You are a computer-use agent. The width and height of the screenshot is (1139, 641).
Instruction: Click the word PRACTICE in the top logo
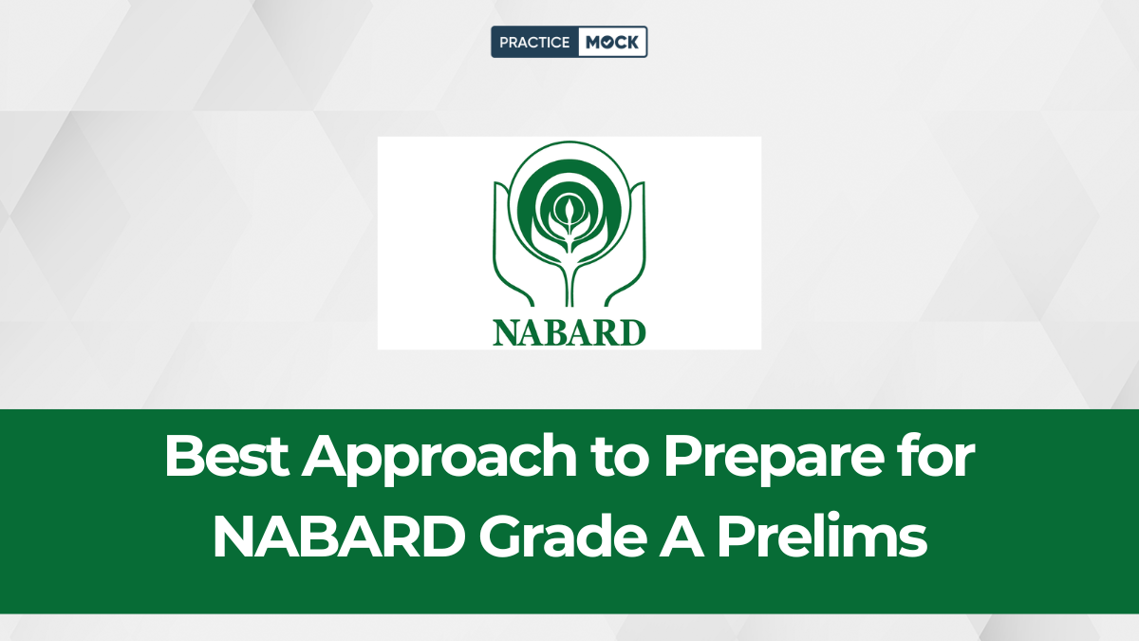533,42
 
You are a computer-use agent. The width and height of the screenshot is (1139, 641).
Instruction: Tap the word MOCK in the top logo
612,42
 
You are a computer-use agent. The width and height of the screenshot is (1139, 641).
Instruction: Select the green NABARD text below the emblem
569,333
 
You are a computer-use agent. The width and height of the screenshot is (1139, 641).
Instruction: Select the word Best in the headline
227,455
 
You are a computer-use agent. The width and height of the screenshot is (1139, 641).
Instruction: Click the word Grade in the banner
562,537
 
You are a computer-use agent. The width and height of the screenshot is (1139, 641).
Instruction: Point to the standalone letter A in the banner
682,537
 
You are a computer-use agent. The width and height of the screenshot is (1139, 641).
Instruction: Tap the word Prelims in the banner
822,537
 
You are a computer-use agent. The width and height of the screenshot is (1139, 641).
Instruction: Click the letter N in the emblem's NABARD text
506,333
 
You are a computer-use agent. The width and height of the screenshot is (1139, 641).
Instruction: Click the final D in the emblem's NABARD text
632,333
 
